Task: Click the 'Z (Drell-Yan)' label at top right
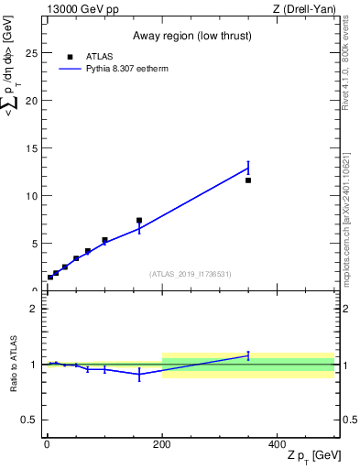coord(304,8)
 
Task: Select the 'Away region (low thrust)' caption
coord(191,34)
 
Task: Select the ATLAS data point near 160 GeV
coord(139,221)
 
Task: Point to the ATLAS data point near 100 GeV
coord(104,240)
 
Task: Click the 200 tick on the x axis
coord(162,442)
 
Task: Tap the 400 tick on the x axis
coord(278,442)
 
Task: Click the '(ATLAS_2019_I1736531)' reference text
coord(191,274)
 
